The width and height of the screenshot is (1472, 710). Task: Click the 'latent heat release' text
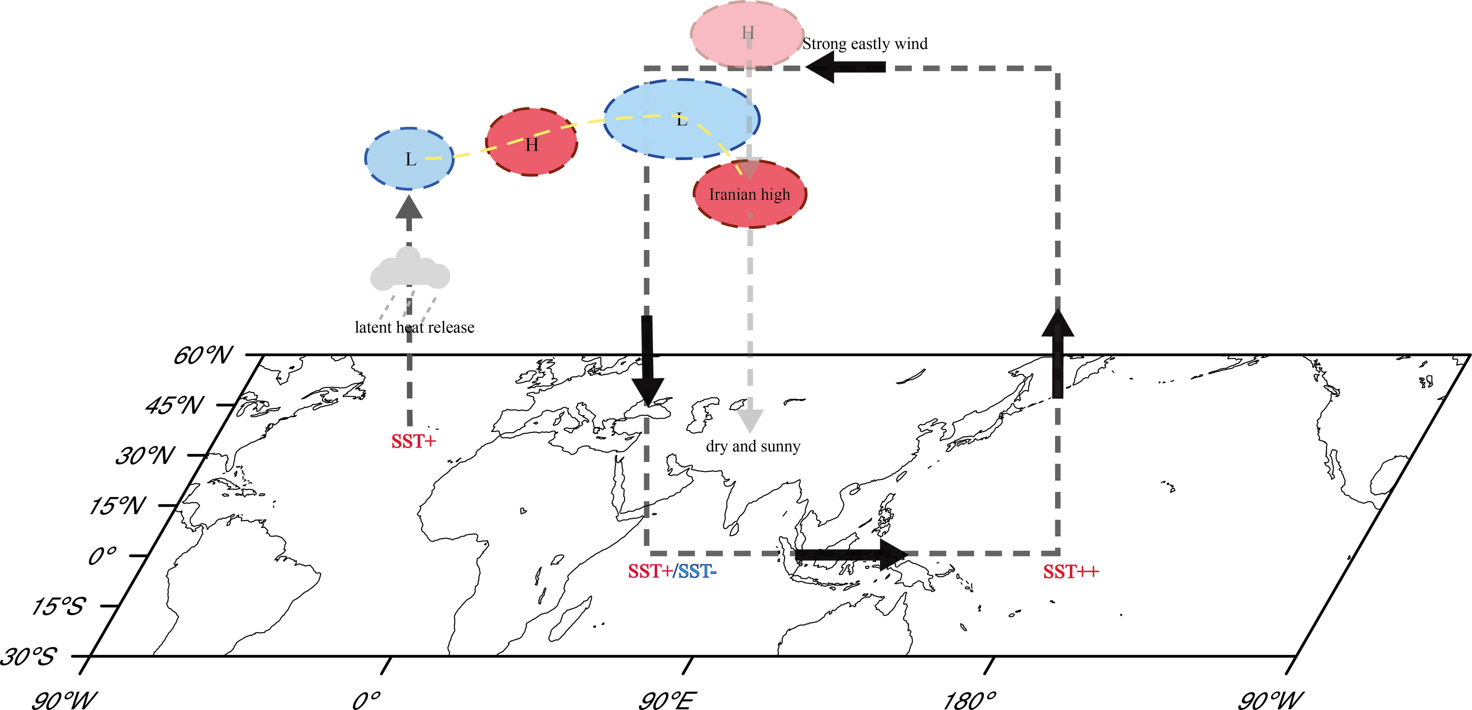[414, 327]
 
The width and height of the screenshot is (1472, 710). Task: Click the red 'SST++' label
[1070, 572]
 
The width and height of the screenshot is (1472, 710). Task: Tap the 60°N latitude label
[203, 356]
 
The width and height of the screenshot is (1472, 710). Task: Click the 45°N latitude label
[174, 405]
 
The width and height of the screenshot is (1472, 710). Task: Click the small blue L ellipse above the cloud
[409, 159]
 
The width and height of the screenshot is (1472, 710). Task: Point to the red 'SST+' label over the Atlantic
[413, 441]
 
